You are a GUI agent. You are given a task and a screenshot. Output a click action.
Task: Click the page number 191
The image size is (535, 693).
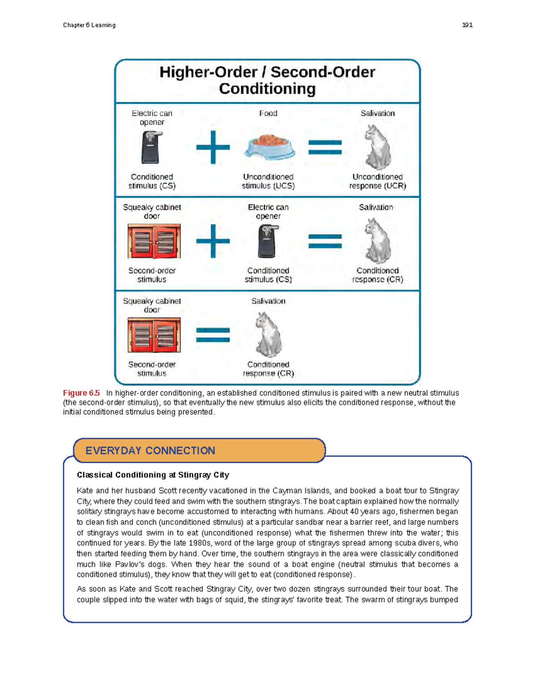pyautogui.click(x=467, y=25)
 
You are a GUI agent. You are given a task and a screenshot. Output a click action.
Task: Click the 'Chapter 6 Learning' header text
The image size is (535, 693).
pyautogui.click(x=89, y=25)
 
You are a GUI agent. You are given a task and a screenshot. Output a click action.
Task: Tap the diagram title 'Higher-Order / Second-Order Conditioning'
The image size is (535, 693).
pyautogui.click(x=267, y=80)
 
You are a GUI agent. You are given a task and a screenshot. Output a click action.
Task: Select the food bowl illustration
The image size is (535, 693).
pyautogui.click(x=269, y=147)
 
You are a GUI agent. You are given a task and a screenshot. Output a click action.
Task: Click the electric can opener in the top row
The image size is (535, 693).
pyautogui.click(x=151, y=147)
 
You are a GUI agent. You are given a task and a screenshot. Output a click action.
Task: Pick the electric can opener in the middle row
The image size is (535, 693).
pyautogui.click(x=268, y=241)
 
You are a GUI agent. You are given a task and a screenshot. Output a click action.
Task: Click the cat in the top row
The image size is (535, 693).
pyautogui.click(x=378, y=147)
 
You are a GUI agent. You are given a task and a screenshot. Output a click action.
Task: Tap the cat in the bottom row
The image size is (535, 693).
pyautogui.click(x=268, y=335)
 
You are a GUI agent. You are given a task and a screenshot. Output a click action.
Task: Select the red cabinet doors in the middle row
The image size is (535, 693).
pyautogui.click(x=154, y=241)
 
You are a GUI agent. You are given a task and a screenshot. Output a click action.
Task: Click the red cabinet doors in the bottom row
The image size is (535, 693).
pyautogui.click(x=154, y=335)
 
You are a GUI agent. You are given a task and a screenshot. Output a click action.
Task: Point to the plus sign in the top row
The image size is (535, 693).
pyautogui.click(x=213, y=147)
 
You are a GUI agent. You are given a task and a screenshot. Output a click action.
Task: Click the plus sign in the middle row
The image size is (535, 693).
pyautogui.click(x=213, y=241)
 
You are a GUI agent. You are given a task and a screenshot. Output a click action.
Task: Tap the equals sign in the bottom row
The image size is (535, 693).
pyautogui.click(x=213, y=335)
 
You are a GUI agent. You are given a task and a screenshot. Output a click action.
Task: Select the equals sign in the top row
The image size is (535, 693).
pyautogui.click(x=325, y=147)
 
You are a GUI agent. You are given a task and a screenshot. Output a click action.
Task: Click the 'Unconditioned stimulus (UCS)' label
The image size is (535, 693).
pyautogui.click(x=268, y=181)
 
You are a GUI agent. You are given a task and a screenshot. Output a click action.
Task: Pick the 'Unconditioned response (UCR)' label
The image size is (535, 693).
pyautogui.click(x=378, y=181)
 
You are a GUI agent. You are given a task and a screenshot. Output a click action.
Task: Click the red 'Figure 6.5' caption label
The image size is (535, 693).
pyautogui.click(x=81, y=393)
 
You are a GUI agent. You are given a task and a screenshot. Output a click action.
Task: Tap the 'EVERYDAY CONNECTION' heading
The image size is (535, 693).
pyautogui.click(x=150, y=451)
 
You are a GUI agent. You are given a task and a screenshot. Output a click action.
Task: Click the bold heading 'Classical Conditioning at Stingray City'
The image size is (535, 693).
pyautogui.click(x=153, y=475)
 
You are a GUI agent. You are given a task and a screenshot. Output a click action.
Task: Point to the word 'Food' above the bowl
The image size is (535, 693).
pyautogui.click(x=268, y=113)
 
